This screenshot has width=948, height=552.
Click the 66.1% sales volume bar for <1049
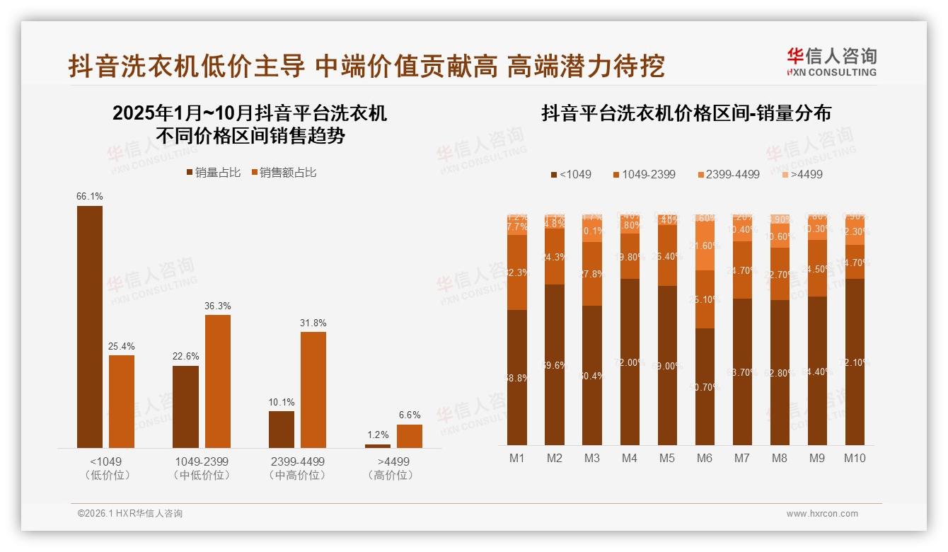(x=90, y=326)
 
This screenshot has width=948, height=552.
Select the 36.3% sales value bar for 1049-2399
(x=218, y=381)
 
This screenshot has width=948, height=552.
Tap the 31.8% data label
(x=313, y=323)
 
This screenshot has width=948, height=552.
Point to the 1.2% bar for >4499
(x=378, y=446)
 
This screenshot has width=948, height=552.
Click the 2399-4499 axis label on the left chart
(x=297, y=461)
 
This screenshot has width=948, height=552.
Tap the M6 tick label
(x=704, y=458)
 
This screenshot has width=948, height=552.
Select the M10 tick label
(x=855, y=458)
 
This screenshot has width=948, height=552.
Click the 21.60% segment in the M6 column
(x=704, y=246)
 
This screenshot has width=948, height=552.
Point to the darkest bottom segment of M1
(x=517, y=377)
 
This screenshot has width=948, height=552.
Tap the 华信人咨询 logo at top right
(x=831, y=62)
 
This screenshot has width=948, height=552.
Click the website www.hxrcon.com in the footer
(x=822, y=514)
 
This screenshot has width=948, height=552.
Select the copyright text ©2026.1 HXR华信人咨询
(x=129, y=514)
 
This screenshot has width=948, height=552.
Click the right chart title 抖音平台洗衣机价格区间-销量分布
(x=686, y=113)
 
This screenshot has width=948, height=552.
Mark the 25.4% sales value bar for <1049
(x=122, y=401)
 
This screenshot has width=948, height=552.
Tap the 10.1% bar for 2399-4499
(x=282, y=429)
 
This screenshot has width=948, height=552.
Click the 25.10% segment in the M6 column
(x=704, y=299)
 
